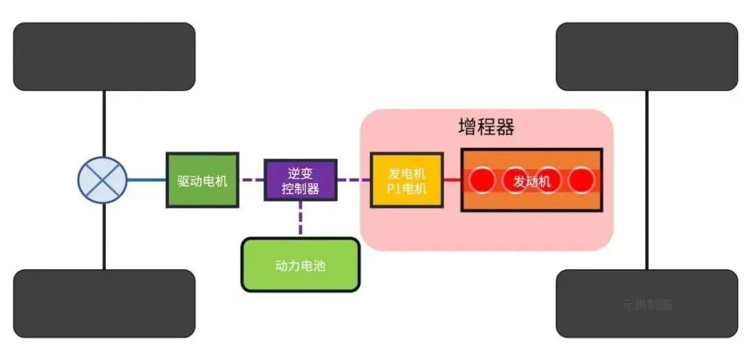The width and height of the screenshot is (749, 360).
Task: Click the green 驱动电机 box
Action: (203, 180)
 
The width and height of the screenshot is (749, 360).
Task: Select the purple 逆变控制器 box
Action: (300, 180)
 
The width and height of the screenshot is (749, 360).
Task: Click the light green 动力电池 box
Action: (300, 265)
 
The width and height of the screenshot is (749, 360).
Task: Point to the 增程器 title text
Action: (486, 128)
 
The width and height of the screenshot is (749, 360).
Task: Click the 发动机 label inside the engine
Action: (532, 181)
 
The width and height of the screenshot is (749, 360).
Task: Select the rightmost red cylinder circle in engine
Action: (582, 181)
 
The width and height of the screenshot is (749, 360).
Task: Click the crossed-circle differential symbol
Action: (103, 180)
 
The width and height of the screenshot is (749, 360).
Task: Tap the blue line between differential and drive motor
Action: (147, 180)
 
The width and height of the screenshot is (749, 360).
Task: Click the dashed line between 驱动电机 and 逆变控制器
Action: (251, 180)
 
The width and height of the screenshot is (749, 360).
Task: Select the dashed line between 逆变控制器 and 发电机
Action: (354, 180)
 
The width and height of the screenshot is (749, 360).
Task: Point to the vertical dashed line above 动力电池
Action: (300, 219)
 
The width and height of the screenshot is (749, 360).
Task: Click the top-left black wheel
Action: (104, 56)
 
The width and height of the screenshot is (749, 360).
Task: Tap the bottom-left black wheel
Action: (104, 303)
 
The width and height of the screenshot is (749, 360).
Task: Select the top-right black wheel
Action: (646, 56)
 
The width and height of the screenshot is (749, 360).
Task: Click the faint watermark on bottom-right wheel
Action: (647, 305)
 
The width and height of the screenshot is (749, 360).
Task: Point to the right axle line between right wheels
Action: (647, 180)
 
